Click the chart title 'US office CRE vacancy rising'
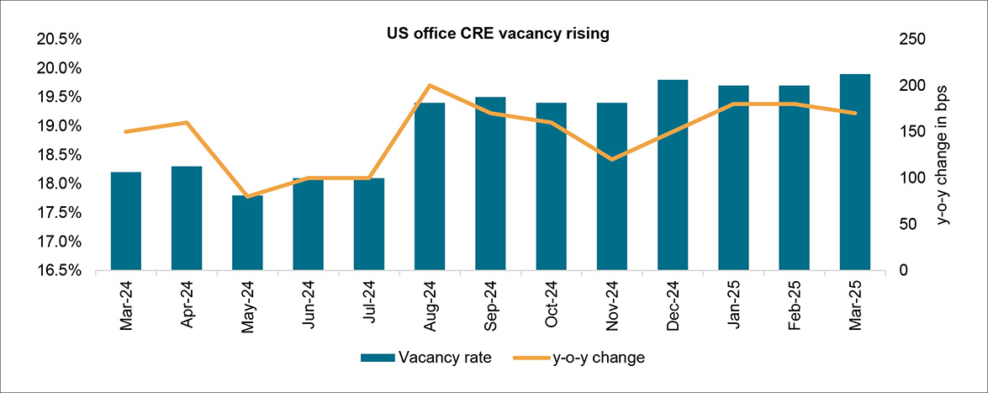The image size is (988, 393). pos(497,35)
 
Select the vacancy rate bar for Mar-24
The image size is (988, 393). pos(126,220)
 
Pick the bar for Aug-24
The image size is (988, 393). pos(430,186)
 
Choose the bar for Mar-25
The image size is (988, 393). pos(855,172)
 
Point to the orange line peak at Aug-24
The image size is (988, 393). pos(430,85)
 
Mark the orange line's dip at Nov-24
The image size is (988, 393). pos(612,159)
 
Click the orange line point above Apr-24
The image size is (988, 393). pos(187,123)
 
